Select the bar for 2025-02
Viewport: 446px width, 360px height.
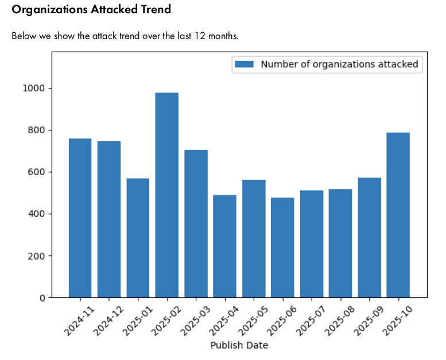click(x=166, y=195)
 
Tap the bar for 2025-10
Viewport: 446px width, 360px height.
click(x=398, y=215)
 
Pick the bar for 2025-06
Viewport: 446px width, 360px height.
click(x=282, y=247)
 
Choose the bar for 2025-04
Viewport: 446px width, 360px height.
click(x=224, y=246)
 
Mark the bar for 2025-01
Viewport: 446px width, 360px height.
click(x=138, y=238)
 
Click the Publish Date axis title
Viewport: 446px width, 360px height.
click(x=239, y=346)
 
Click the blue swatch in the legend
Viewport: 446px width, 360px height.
click(x=244, y=64)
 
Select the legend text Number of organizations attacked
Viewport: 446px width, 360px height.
click(x=339, y=64)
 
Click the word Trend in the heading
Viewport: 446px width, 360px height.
click(x=154, y=10)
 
